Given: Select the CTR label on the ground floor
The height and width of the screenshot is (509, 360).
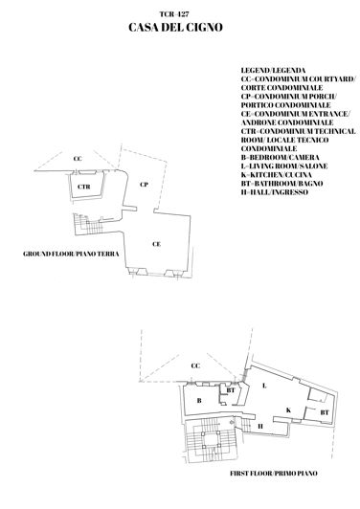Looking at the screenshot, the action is pyautogui.click(x=84, y=186).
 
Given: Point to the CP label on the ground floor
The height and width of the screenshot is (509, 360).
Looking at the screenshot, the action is pyautogui.click(x=143, y=184).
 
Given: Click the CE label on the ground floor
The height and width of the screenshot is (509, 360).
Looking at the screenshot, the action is pyautogui.click(x=154, y=245).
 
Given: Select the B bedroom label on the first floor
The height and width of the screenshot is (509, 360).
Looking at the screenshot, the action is pyautogui.click(x=199, y=399).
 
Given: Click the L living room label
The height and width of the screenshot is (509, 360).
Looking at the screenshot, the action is pyautogui.click(x=263, y=384).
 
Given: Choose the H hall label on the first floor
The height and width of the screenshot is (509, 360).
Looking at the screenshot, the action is pyautogui.click(x=259, y=426).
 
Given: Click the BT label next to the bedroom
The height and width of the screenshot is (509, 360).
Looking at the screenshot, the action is pyautogui.click(x=230, y=390).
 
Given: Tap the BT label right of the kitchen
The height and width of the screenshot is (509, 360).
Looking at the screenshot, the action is pyautogui.click(x=324, y=411).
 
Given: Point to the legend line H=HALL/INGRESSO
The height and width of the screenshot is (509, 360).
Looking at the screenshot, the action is pyautogui.click(x=276, y=192).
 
